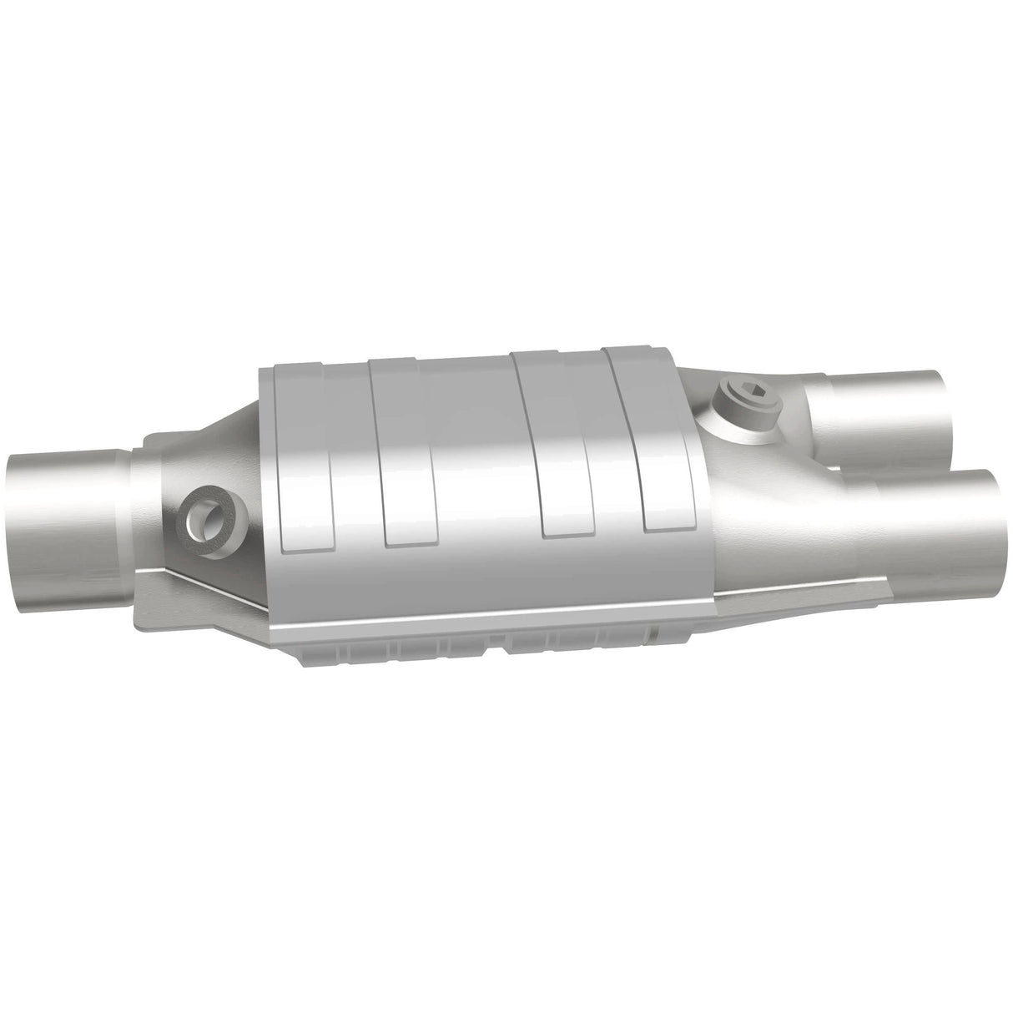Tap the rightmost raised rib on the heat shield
pyautogui.click(x=659, y=442)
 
